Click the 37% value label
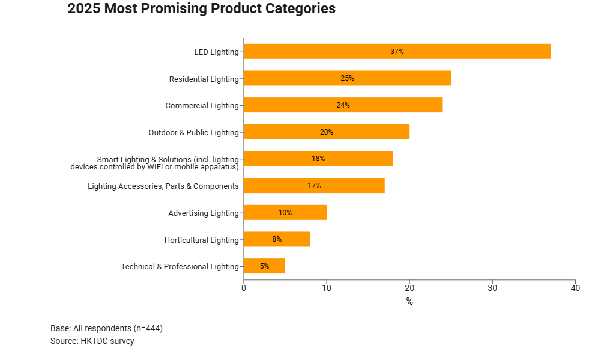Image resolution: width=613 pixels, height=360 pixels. pyautogui.click(x=397, y=52)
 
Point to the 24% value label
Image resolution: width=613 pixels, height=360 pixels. pyautogui.click(x=343, y=105)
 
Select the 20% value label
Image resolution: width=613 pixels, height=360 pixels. pyautogui.click(x=327, y=132)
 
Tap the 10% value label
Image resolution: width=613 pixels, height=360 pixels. pyautogui.click(x=285, y=213)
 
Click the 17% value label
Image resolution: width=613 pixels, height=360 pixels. pyautogui.click(x=314, y=186)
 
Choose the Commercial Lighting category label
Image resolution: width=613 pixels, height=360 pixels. pyautogui.click(x=202, y=106)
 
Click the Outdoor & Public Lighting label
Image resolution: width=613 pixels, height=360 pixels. pyautogui.click(x=193, y=132)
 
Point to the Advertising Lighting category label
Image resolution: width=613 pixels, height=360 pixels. pyautogui.click(x=204, y=213)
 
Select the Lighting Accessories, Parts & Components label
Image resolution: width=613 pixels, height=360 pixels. pyautogui.click(x=163, y=186)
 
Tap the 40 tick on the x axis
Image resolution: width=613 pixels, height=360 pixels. pyautogui.click(x=575, y=288)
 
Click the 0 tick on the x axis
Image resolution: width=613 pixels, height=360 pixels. pyautogui.click(x=244, y=288)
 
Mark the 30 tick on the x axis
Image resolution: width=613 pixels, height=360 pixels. pyautogui.click(x=492, y=288)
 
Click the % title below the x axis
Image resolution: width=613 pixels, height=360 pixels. pyautogui.click(x=409, y=302)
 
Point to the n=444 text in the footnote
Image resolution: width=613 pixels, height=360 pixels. pyautogui.click(x=146, y=328)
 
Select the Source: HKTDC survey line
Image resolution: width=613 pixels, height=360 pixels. pyautogui.click(x=92, y=341)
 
